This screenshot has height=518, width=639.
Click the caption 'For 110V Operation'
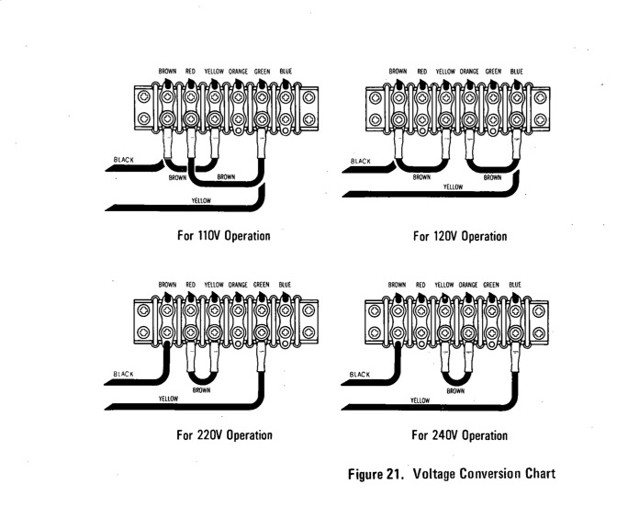click(x=224, y=236)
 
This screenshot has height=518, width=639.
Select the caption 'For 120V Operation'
click(x=459, y=236)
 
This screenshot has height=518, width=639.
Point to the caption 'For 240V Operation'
click(x=459, y=434)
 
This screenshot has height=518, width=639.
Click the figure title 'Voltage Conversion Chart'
click(x=485, y=474)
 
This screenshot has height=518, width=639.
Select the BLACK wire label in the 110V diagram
click(x=123, y=159)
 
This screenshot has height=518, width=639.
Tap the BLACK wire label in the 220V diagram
click(x=123, y=374)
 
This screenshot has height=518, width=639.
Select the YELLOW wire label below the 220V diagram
click(x=168, y=399)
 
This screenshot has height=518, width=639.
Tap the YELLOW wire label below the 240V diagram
click(x=420, y=400)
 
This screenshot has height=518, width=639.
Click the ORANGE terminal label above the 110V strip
click(x=238, y=72)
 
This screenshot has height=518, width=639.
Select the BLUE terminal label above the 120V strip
click(x=516, y=71)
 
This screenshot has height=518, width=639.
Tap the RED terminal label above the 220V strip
click(x=190, y=285)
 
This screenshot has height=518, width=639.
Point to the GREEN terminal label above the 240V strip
click(x=491, y=285)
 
